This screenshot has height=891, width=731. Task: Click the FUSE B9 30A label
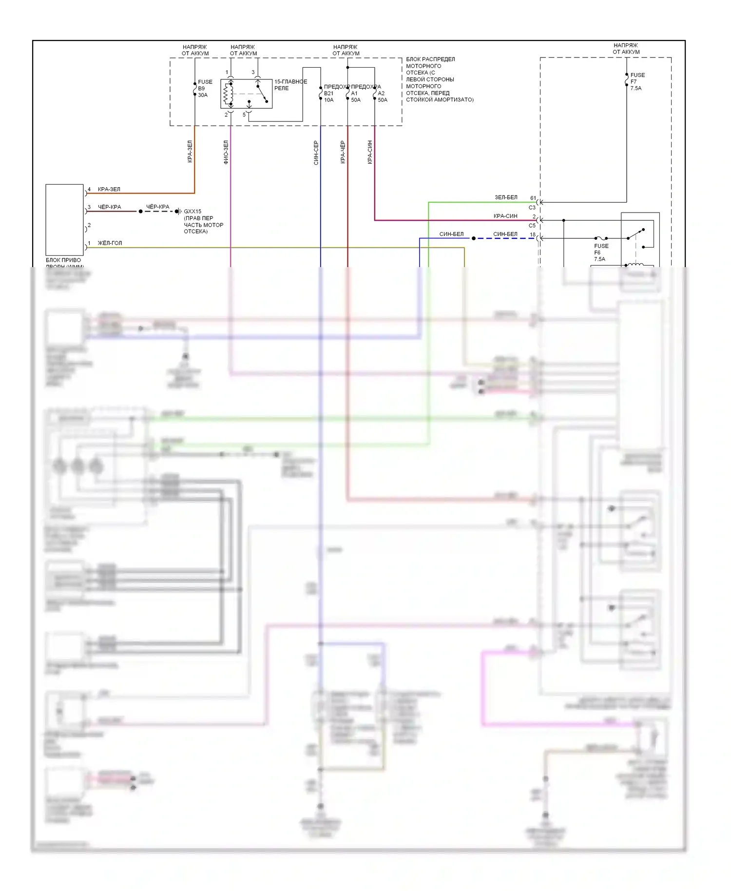coord(205,89)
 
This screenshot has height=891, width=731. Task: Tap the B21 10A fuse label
coord(329,97)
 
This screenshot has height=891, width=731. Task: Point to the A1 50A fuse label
coord(356,97)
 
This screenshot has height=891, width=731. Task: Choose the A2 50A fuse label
coord(383,97)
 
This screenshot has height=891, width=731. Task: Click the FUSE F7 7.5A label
coord(637,81)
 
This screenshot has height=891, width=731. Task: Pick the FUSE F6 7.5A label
coord(600,252)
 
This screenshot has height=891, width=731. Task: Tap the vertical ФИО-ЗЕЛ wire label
coord(226,152)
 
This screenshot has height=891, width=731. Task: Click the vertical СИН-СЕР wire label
coord(316,153)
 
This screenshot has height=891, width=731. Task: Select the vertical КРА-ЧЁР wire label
coord(343,152)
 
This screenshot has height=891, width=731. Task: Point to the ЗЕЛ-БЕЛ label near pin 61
coord(506,197)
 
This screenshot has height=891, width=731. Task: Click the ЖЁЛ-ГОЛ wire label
coord(110,243)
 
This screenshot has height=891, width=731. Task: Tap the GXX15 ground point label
coord(192,212)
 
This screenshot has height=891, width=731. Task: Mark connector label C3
coord(532,208)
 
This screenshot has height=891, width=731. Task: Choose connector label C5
coord(532,226)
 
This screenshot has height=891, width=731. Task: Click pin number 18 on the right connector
coord(533,234)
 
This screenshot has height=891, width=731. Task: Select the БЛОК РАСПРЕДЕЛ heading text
coord(430,59)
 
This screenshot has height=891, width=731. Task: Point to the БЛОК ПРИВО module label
coord(63,260)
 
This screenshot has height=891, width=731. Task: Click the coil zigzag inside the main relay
coord(226,94)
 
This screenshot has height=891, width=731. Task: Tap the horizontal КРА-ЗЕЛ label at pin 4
coord(109,189)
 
